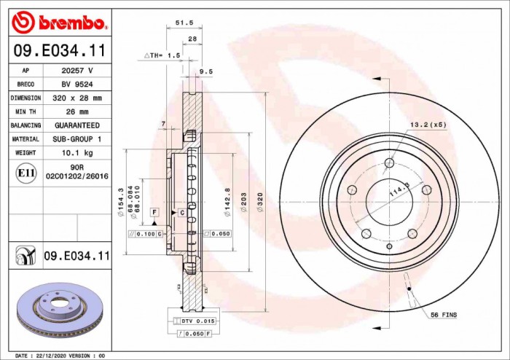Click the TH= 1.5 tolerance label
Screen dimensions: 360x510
coord(162,55)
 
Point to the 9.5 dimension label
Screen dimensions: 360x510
coord(205,71)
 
